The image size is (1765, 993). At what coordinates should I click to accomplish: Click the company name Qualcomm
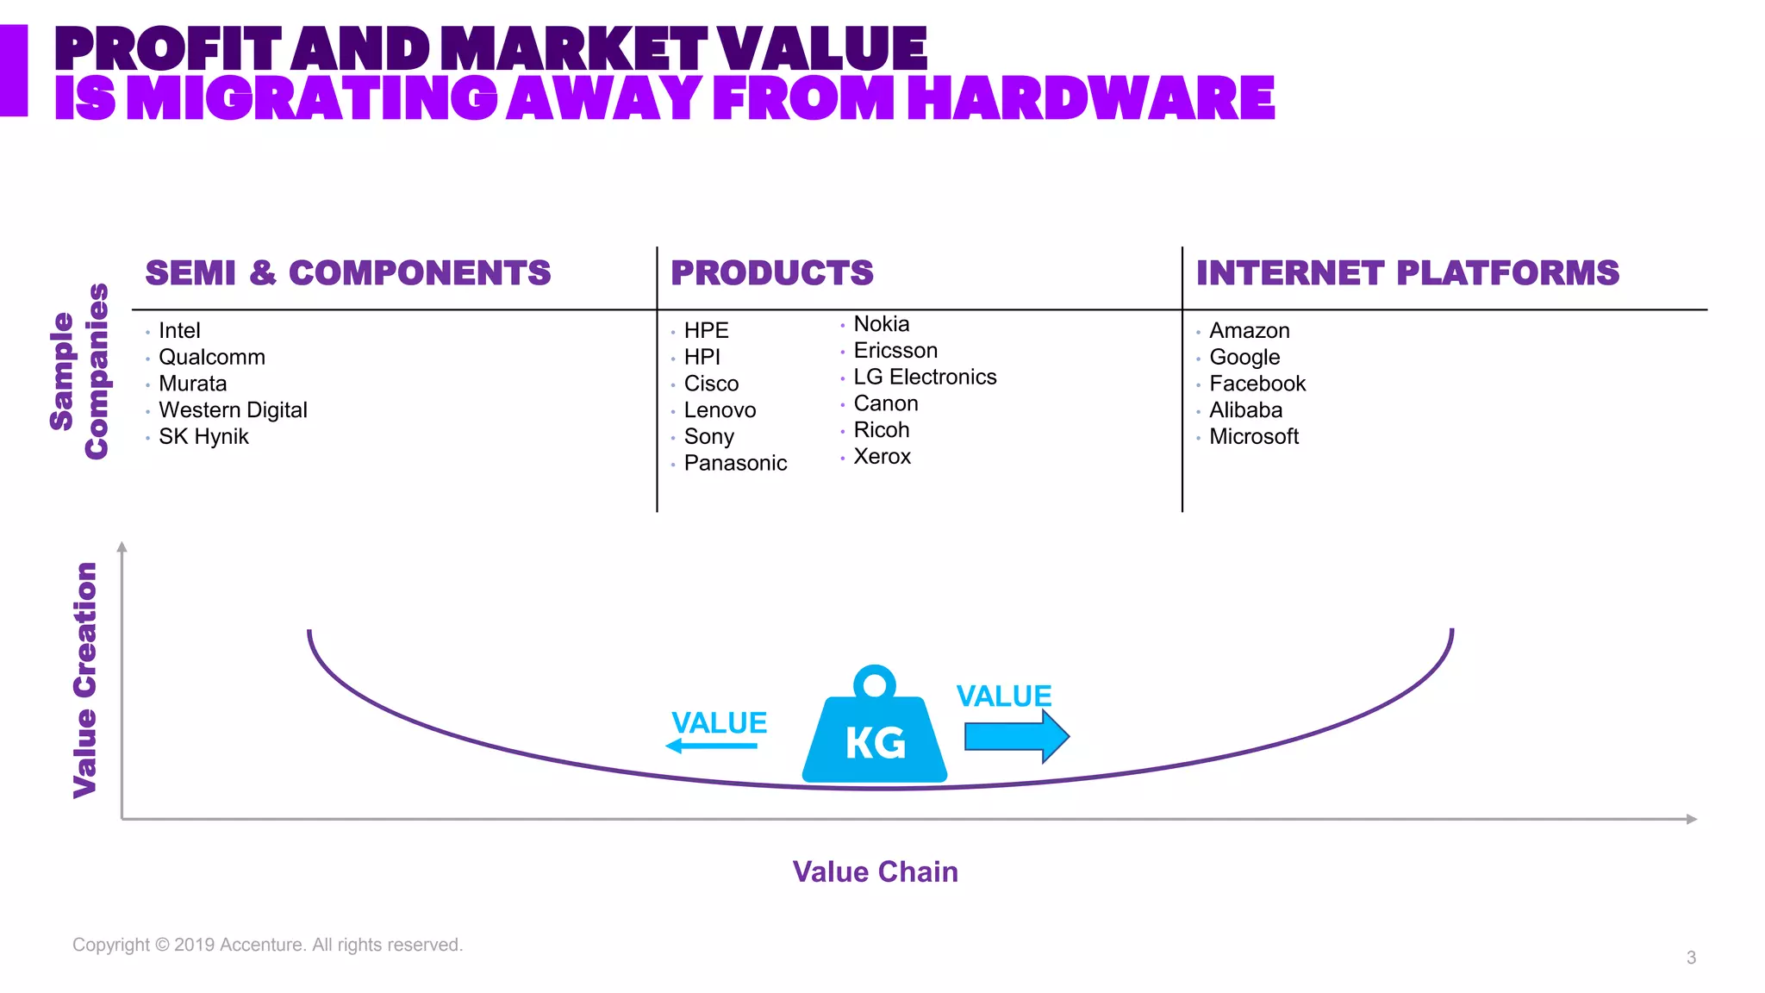(x=211, y=358)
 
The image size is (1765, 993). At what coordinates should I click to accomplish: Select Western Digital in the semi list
(x=233, y=410)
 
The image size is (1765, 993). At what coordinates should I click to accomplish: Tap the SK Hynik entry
(x=203, y=437)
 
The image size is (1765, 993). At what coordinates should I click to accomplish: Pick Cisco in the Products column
(x=711, y=384)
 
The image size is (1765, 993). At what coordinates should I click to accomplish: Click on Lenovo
(x=720, y=410)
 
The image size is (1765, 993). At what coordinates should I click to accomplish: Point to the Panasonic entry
(x=735, y=464)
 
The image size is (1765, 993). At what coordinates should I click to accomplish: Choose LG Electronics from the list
(x=925, y=378)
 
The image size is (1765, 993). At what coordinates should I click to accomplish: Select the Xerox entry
(x=882, y=457)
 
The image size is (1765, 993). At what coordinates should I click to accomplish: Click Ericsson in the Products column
(x=895, y=351)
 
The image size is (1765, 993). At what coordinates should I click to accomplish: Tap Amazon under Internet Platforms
(x=1249, y=331)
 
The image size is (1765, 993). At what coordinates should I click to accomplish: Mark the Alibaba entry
(x=1245, y=410)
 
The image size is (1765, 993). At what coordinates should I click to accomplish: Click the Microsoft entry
(x=1253, y=437)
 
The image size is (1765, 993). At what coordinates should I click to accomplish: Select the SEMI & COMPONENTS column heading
(x=348, y=273)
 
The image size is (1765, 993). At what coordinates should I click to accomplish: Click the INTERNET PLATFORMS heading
(x=1407, y=273)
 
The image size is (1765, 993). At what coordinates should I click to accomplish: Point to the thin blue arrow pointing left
(x=712, y=746)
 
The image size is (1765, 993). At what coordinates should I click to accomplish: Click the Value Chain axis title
(x=875, y=872)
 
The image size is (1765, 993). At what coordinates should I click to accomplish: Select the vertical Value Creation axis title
(x=85, y=680)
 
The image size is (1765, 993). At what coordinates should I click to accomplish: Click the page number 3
(x=1691, y=958)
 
